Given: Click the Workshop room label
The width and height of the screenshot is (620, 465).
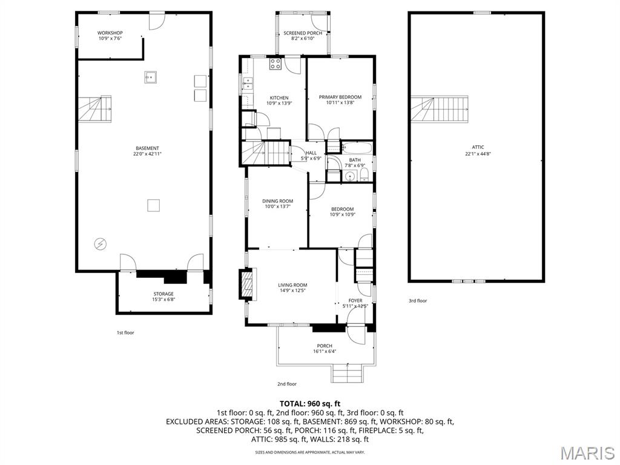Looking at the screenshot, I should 110,33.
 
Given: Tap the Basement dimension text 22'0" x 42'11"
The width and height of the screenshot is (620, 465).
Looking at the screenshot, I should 147,154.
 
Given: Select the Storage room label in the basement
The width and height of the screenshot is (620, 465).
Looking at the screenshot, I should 163,294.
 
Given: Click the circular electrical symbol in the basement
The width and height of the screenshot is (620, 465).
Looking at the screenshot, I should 100,243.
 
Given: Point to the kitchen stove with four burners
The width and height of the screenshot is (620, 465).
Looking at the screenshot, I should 275,64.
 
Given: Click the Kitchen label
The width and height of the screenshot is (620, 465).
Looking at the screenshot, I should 279,97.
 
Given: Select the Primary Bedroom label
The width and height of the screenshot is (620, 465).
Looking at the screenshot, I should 340,97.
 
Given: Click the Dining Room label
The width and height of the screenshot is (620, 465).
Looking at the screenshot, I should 278,201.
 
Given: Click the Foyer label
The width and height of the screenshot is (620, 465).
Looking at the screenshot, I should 355,300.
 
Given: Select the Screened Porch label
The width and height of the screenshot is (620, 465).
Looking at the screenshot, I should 303,33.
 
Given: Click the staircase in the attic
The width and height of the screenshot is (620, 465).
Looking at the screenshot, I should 440,109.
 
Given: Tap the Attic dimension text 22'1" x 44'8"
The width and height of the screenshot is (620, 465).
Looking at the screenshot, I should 478,154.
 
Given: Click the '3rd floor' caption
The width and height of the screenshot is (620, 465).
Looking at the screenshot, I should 418,300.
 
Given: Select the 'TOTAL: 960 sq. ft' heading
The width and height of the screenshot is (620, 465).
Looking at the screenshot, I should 310,403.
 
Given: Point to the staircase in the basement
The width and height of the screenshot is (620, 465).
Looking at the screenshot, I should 96,109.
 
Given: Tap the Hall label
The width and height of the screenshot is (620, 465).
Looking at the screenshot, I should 311,153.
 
